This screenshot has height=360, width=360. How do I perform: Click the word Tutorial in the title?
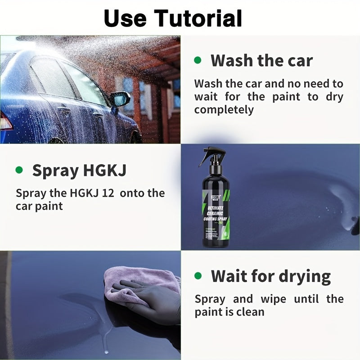tap(198, 18)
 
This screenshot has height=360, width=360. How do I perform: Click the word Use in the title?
tap(126, 18)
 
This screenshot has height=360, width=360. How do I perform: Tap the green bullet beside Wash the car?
tap(198, 60)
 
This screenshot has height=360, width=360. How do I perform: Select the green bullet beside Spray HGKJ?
tap(19, 170)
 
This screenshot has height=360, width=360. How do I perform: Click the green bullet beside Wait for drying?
tap(198, 275)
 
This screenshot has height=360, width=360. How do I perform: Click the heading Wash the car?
tap(261, 60)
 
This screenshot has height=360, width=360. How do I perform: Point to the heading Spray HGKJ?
tap(79, 171)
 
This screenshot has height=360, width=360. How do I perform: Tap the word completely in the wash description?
tap(224, 109)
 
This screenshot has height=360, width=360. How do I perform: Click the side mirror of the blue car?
tap(120, 99)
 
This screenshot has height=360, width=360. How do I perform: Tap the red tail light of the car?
tap(5, 120)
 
